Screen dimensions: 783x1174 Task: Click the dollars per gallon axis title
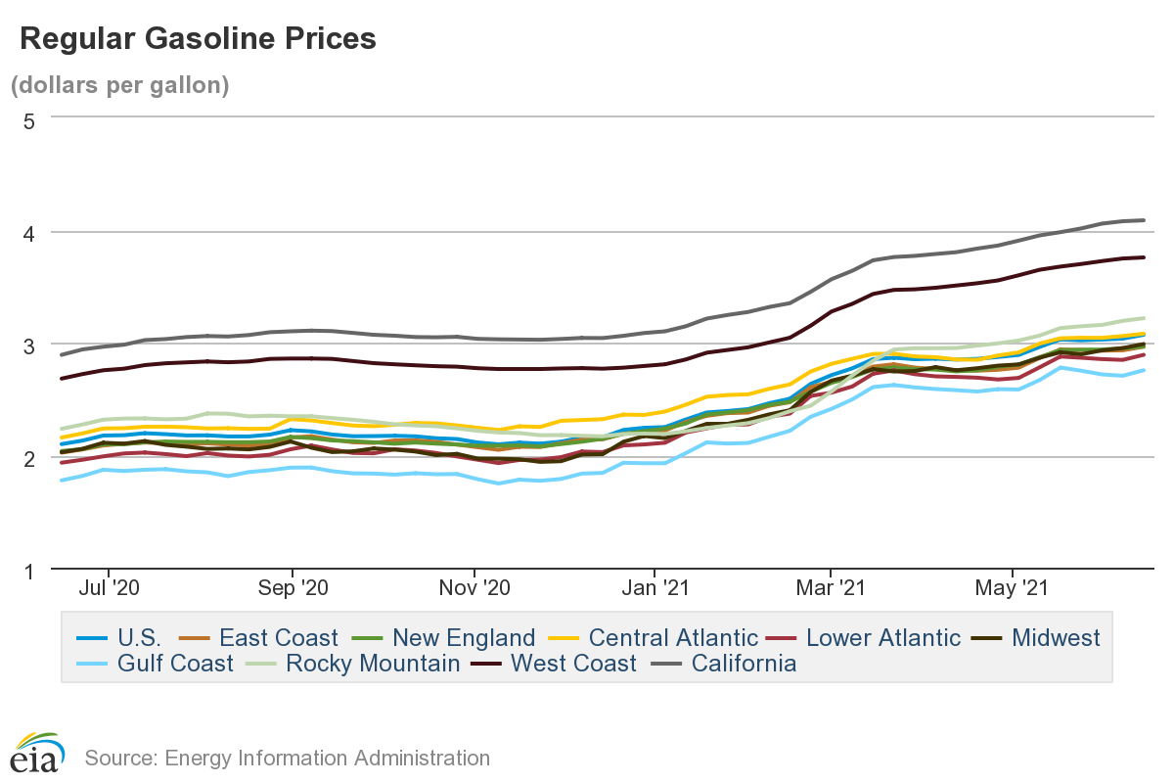pos(119,85)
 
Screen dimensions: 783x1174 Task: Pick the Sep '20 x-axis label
pos(292,589)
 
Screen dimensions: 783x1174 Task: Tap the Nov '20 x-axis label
pos(474,589)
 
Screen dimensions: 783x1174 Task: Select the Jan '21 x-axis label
pos(655,589)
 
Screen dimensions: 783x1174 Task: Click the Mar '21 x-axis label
pos(831,589)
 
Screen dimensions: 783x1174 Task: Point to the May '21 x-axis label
pos(1013,589)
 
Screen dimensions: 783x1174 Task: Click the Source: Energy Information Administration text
pos(287,758)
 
